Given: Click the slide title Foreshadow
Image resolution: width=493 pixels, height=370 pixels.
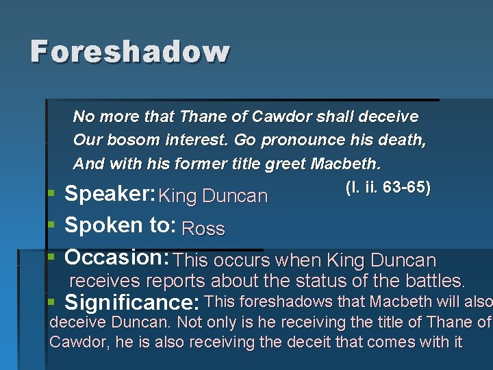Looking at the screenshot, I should coord(130,52).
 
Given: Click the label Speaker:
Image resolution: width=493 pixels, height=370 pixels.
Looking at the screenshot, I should coord(110,194).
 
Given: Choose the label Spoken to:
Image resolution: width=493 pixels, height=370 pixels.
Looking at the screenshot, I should coord(121,225).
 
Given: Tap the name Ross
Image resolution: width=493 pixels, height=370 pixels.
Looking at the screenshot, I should coord(203,229).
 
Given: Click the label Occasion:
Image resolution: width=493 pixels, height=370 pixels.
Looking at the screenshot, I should coord(117,258).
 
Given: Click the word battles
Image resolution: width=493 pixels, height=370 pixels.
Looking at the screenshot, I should coord(435,281).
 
